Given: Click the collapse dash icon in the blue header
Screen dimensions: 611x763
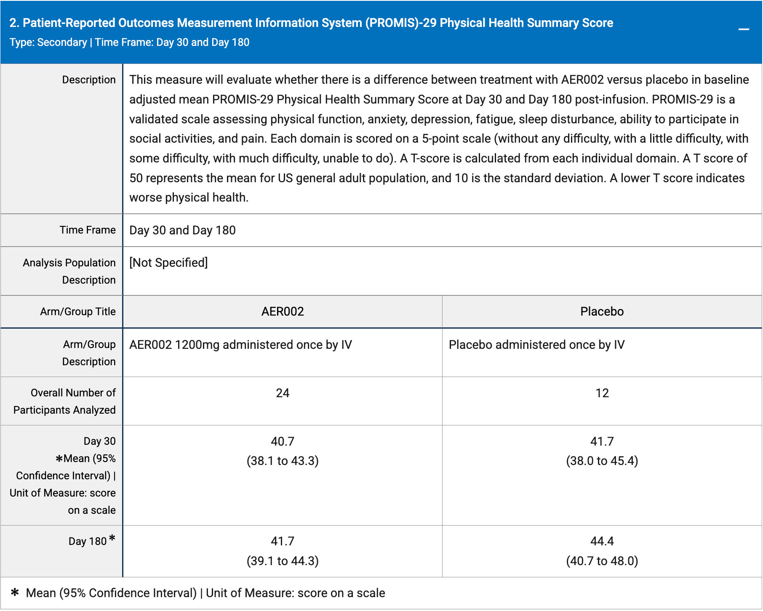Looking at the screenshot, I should [x=744, y=29].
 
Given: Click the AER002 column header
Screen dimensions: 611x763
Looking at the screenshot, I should [x=283, y=311].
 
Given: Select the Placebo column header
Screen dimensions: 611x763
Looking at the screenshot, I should [x=602, y=311].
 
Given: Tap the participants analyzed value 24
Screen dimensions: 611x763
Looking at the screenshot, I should [x=283, y=393].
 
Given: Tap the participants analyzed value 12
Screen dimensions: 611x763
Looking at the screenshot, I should [x=602, y=393].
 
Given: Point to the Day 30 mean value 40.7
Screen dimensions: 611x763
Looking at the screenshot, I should [x=283, y=441].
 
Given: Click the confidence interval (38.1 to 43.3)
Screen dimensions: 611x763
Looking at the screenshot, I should [x=283, y=461].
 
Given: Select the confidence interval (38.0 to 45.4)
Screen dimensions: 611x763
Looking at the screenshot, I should [x=602, y=461].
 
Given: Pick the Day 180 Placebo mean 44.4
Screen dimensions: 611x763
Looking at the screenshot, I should [x=602, y=541].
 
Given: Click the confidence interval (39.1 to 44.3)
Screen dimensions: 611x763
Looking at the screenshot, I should [x=283, y=561].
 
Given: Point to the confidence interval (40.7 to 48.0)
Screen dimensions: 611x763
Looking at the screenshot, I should [x=602, y=561].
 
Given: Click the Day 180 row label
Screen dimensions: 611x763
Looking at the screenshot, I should [x=88, y=541].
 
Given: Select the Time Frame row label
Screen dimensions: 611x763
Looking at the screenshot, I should [x=88, y=230].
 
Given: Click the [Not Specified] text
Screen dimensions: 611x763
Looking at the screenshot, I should [x=168, y=263].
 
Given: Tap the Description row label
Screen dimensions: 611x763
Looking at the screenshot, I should [x=89, y=80].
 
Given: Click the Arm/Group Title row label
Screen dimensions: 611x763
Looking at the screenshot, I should [x=78, y=311].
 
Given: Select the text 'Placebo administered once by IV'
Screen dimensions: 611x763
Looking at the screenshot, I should [x=536, y=345].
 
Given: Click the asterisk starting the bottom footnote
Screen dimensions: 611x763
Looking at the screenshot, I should [x=15, y=592].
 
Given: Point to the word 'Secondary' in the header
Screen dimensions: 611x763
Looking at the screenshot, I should [x=62, y=43].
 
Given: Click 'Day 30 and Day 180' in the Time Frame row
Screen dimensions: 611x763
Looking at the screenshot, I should [x=182, y=230].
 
